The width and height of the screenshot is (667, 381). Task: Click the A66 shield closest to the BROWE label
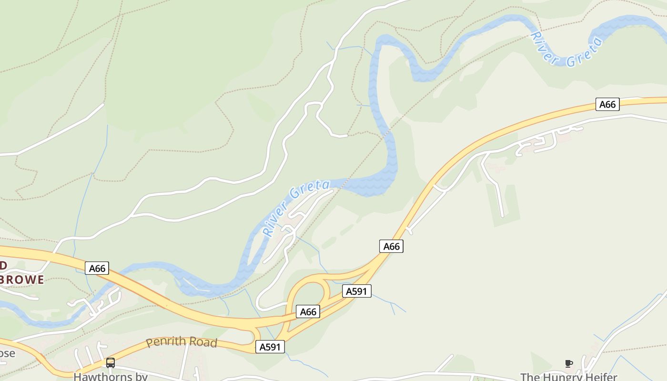point(97,268)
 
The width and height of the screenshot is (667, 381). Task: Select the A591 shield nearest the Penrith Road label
point(270,347)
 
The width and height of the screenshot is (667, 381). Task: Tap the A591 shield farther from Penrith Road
point(356,291)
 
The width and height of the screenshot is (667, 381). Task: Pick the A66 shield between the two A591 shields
point(308,312)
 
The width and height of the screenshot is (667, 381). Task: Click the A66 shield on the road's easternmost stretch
point(607,104)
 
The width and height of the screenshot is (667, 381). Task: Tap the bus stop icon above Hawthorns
point(111,363)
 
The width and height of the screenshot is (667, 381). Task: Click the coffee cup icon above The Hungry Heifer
point(568,364)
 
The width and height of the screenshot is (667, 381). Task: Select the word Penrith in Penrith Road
point(164,342)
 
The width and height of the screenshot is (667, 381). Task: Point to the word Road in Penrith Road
point(202,342)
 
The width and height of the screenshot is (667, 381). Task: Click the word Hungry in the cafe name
point(564,377)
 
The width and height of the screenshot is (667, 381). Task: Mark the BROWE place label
point(22,279)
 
